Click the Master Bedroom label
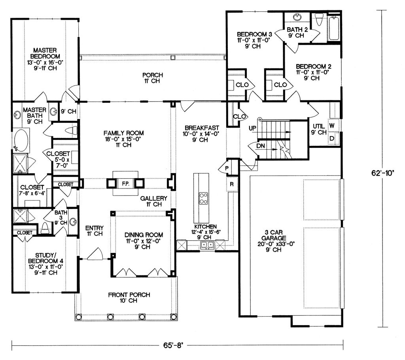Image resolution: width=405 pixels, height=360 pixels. pyautogui.click(x=45, y=53)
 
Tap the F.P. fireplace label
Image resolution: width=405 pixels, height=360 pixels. pyautogui.click(x=125, y=184)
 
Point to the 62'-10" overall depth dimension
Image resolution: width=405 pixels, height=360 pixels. pyautogui.click(x=383, y=173)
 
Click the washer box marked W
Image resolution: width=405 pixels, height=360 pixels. pyautogui.click(x=332, y=126)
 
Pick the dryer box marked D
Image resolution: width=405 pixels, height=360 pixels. pyautogui.click(x=332, y=138)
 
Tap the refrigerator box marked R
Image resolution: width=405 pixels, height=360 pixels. pyautogui.click(x=232, y=184)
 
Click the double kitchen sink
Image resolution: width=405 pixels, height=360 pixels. pyautogui.click(x=207, y=245)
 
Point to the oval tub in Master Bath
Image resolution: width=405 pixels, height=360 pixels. pyautogui.click(x=21, y=141)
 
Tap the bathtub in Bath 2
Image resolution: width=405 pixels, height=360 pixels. pyautogui.click(x=334, y=28)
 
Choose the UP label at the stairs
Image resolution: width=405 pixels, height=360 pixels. pyautogui.click(x=252, y=128)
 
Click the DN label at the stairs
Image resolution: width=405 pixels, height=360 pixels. pyautogui.click(x=261, y=146)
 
